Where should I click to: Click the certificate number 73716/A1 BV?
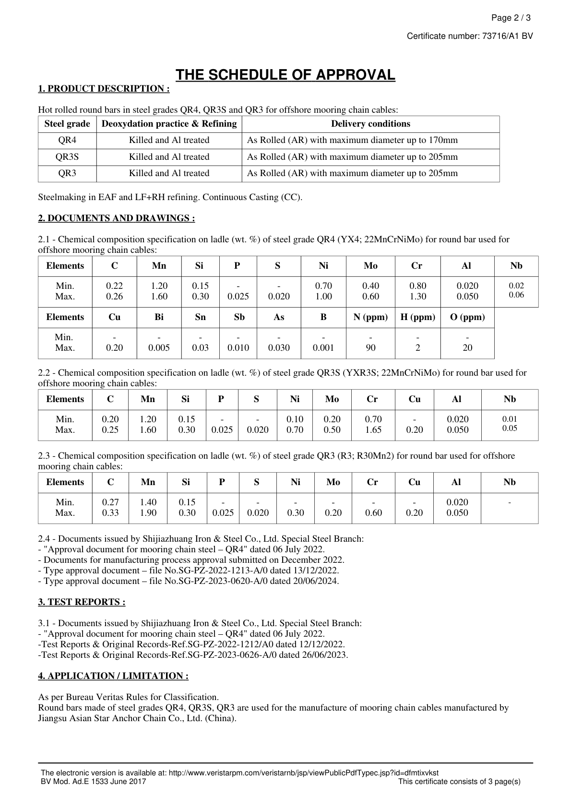pyautogui.click(x=507, y=36)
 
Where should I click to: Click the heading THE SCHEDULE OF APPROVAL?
pyautogui.click(x=285, y=75)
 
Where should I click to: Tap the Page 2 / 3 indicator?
pyautogui.click(x=511, y=18)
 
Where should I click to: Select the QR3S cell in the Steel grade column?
pyautogui.click(x=67, y=157)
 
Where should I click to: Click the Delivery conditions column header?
pyautogui.click(x=370, y=124)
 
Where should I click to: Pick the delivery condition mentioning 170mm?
pyautogui.click(x=352, y=140)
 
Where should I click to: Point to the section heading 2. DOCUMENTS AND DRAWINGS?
pyautogui.click(x=116, y=218)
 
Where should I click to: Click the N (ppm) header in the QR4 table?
pyautogui.click(x=370, y=317)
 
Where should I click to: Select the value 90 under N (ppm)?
pyautogui.click(x=370, y=348)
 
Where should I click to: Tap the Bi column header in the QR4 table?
pyautogui.click(x=159, y=317)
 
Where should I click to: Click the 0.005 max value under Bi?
pyautogui.click(x=159, y=348)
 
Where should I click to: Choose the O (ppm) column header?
pyautogui.click(x=467, y=317)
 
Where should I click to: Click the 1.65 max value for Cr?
pyautogui.click(x=373, y=430)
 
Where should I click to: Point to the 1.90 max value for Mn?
pyautogui.click(x=148, y=513)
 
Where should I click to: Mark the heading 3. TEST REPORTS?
pyautogui.click(x=82, y=602)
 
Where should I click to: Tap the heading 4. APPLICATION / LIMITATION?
pyautogui.click(x=113, y=676)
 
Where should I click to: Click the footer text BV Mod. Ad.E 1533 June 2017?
pyautogui.click(x=94, y=782)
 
